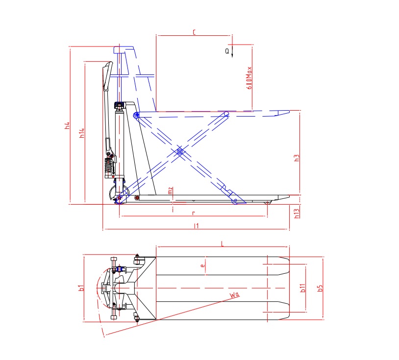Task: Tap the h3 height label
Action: (296, 158)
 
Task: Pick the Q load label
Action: (227, 50)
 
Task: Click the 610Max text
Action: (249, 77)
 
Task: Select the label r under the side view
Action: (194, 213)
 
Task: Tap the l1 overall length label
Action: (196, 225)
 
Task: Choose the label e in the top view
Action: (201, 266)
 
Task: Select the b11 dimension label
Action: (302, 288)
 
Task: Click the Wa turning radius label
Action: (234, 294)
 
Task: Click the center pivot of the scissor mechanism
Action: (180, 152)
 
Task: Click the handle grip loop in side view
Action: (107, 76)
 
